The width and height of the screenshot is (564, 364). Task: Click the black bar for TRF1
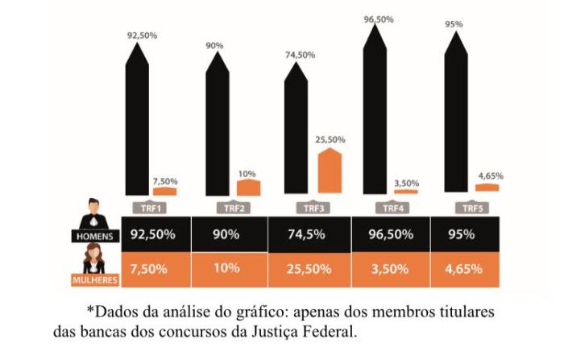coord(138,121)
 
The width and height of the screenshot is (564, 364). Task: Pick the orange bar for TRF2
coord(249,188)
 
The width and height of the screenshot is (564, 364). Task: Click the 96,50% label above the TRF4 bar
coord(378,18)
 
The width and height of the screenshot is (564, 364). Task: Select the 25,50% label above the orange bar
coord(330,139)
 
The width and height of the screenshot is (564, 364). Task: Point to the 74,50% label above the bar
coord(300,55)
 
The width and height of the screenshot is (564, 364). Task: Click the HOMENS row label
coord(95,236)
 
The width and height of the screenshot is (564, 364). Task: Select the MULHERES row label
coord(93,280)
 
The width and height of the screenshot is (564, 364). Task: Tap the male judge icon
coord(94,214)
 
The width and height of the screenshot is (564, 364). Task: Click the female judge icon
coord(94,259)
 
